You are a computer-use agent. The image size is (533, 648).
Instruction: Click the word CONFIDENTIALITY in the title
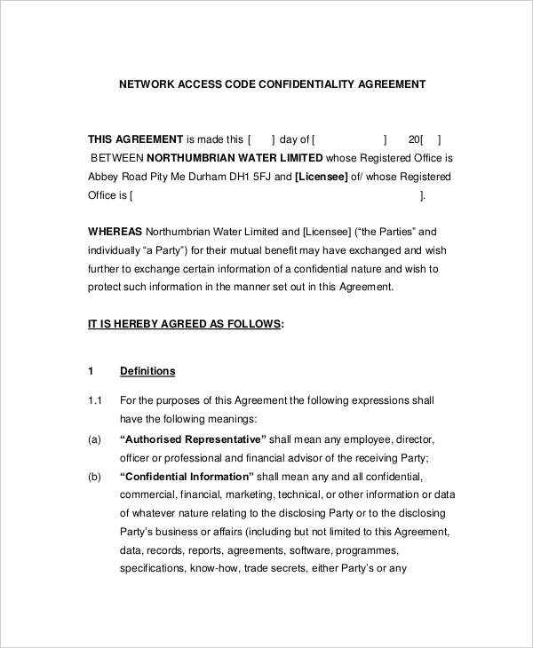pos(300,85)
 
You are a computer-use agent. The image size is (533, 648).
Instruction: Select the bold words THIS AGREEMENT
pos(135,139)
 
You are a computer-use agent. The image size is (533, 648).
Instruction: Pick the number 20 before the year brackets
pos(414,139)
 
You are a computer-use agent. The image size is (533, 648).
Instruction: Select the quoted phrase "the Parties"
pos(384,231)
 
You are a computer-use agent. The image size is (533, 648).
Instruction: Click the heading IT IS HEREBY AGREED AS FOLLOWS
pos(185,325)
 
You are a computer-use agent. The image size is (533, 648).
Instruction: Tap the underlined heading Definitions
pos(147,371)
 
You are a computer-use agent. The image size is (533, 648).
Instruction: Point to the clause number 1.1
pos(96,400)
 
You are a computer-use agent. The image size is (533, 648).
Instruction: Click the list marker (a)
pos(95,439)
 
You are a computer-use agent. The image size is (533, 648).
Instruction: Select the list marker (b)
pos(95,477)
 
